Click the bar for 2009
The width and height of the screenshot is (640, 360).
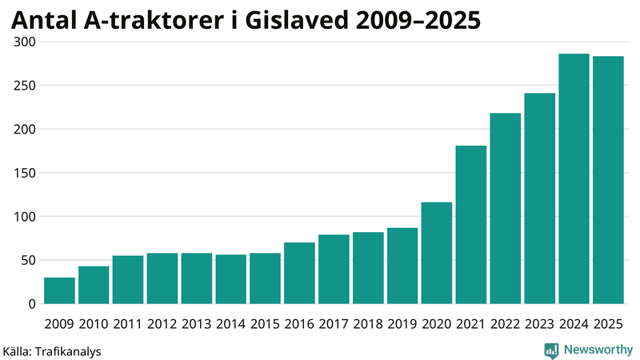tap(59, 290)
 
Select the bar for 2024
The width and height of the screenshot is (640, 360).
tap(574, 179)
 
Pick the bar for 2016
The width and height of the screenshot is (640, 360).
tap(299, 273)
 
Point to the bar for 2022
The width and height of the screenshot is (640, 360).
tap(506, 209)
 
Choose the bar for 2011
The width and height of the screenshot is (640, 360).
tap(128, 280)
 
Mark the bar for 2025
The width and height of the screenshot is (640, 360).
tap(608, 180)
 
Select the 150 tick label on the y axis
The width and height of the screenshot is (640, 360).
tap(25, 173)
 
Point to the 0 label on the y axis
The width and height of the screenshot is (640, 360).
tap(32, 304)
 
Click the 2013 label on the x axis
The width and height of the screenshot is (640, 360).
tap(196, 324)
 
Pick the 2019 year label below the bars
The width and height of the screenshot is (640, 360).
tap(402, 324)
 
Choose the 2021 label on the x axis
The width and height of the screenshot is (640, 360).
tap(471, 324)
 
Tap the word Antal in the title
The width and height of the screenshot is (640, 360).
tap(44, 19)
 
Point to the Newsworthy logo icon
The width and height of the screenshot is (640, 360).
tap(551, 350)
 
